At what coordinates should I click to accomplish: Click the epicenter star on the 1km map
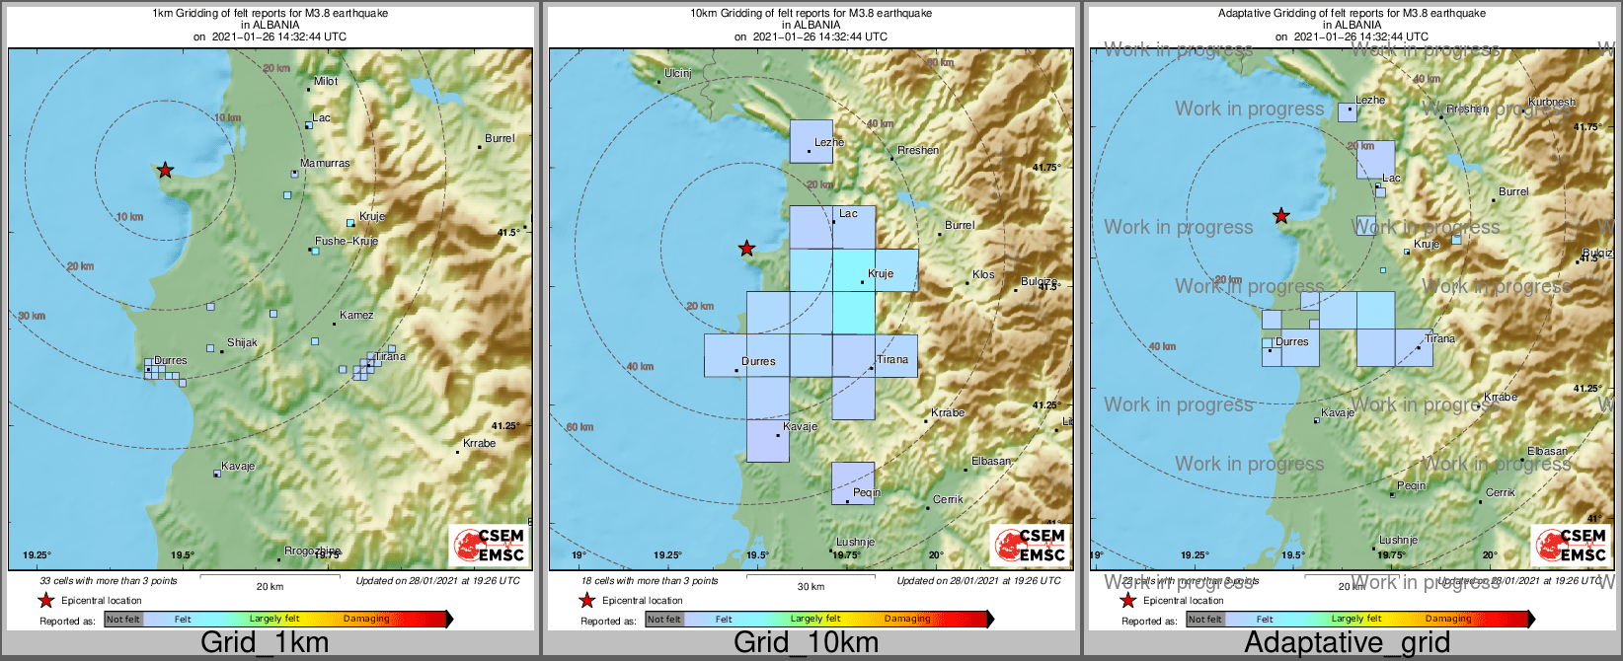point(165,170)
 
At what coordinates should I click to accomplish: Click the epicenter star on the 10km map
point(747,248)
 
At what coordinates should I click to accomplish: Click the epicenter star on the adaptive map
point(1280,215)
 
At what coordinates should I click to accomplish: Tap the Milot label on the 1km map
point(326,81)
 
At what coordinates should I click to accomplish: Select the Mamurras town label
point(325,163)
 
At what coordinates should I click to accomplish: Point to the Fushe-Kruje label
point(346,241)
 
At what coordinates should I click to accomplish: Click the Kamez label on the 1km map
point(356,315)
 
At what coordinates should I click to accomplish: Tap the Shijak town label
point(242,342)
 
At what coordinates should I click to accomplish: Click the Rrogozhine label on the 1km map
point(312,551)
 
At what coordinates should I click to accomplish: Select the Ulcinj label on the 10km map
point(678,73)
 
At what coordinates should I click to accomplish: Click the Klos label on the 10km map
point(983,274)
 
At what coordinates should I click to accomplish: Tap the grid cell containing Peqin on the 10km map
point(853,482)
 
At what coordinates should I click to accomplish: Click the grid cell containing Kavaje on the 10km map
point(767,441)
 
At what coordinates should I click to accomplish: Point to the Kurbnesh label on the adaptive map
point(1552,102)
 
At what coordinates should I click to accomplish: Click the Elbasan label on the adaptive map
point(1547,451)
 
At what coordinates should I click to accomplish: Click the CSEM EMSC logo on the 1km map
point(488,546)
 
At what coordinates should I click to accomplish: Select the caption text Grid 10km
point(806,642)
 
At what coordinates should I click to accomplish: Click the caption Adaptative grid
point(1347,642)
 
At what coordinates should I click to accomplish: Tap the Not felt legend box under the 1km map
point(123,620)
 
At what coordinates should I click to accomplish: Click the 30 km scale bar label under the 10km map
point(811,586)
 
